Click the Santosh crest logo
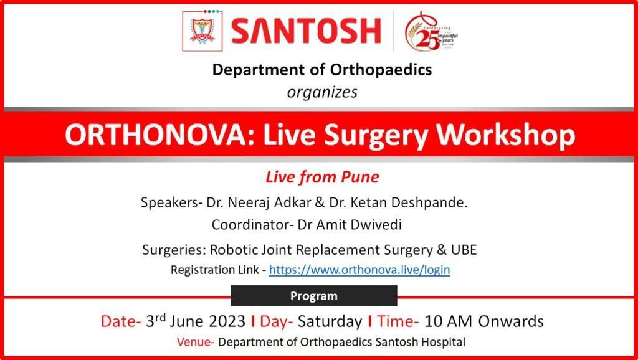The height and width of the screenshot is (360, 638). (x=202, y=31)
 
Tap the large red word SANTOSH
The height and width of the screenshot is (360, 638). (x=306, y=31)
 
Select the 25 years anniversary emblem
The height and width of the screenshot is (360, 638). (x=432, y=31)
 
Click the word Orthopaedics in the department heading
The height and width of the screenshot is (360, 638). (x=381, y=70)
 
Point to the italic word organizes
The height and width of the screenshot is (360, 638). (x=322, y=92)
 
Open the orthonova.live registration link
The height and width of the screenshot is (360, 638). (x=359, y=270)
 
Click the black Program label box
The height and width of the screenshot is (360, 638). (x=314, y=296)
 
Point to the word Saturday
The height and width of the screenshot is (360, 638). (x=330, y=322)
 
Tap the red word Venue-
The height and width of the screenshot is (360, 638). (x=195, y=342)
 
